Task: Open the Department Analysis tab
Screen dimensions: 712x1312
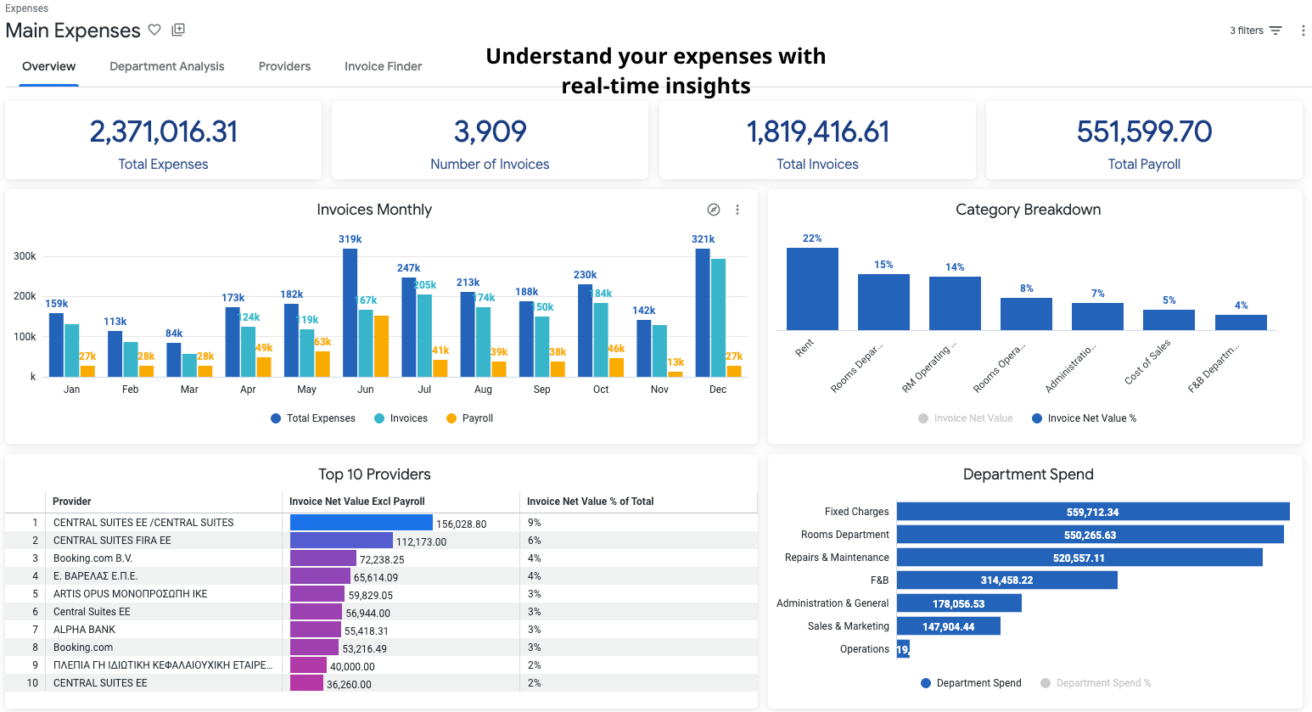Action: pos(166,66)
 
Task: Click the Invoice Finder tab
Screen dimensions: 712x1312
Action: pos(383,66)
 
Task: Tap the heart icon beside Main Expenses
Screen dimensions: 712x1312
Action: pos(154,30)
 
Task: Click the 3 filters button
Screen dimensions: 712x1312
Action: pos(1255,31)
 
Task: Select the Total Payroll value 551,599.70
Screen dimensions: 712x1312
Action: pos(1144,132)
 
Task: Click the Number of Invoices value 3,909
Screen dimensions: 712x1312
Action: pos(490,132)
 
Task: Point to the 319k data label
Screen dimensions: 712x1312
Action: pos(350,239)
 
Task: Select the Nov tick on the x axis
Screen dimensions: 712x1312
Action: pos(659,390)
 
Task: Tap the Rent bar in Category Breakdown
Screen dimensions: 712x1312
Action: pos(812,289)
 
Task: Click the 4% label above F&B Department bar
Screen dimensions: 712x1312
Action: pos(1241,306)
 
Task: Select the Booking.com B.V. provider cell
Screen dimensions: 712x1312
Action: pos(93,558)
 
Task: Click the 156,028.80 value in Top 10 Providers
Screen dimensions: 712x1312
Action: pos(461,524)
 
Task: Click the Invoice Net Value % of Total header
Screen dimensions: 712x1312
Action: pos(590,502)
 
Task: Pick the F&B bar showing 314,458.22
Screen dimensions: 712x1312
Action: pos(1006,580)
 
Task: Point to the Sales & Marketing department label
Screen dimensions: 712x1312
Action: pos(848,626)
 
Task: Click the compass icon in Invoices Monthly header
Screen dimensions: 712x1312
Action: pos(714,210)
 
